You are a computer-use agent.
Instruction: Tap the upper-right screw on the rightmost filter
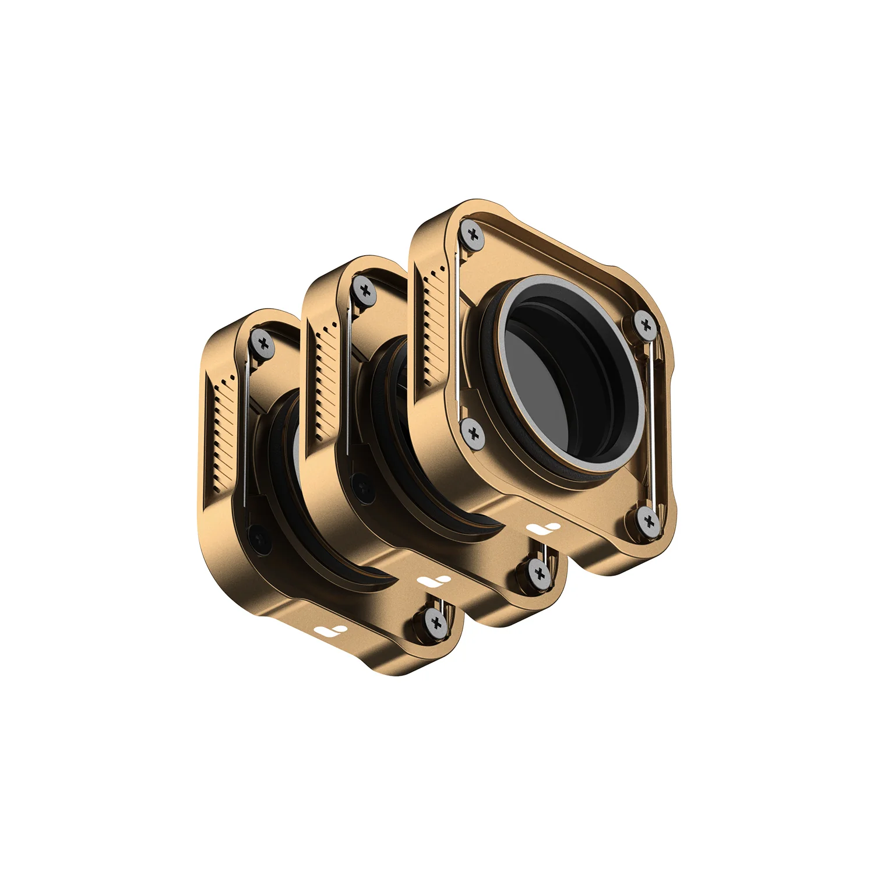tap(644, 325)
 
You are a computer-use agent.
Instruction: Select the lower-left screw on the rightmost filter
tap(473, 434)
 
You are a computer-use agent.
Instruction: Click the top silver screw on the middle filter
tap(365, 290)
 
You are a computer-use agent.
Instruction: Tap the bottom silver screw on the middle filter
tap(540, 573)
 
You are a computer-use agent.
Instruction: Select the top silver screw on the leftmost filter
tap(264, 344)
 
